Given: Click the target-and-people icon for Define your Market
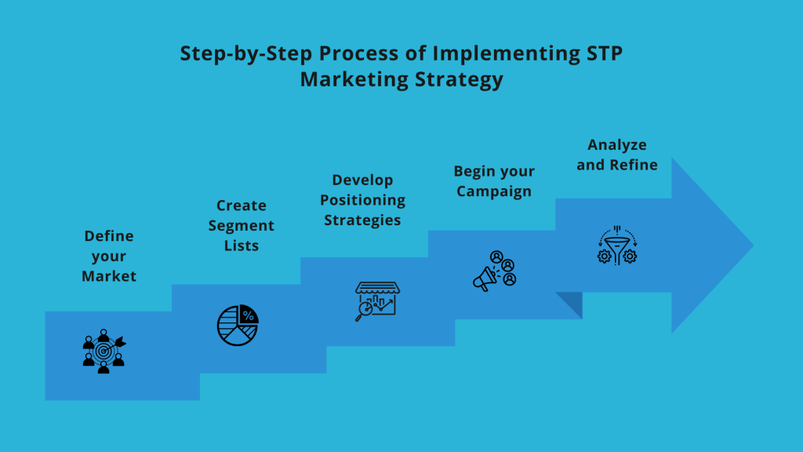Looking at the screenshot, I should pyautogui.click(x=104, y=350).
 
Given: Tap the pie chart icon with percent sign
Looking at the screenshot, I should pyautogui.click(x=238, y=325).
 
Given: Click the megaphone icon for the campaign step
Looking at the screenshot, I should pyautogui.click(x=495, y=271).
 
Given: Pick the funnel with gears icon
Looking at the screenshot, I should pyautogui.click(x=617, y=245).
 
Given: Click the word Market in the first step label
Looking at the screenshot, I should pyautogui.click(x=109, y=276).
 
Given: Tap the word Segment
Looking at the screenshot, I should pyautogui.click(x=242, y=226).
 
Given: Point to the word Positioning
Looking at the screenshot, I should pyautogui.click(x=363, y=200).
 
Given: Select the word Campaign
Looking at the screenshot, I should pyautogui.click(x=494, y=191).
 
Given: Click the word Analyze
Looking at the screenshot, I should pyautogui.click(x=617, y=145).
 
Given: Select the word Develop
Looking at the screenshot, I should pyautogui.click(x=362, y=180).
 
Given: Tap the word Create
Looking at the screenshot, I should pyautogui.click(x=242, y=206).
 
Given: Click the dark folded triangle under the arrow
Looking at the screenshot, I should pyautogui.click(x=573, y=304).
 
